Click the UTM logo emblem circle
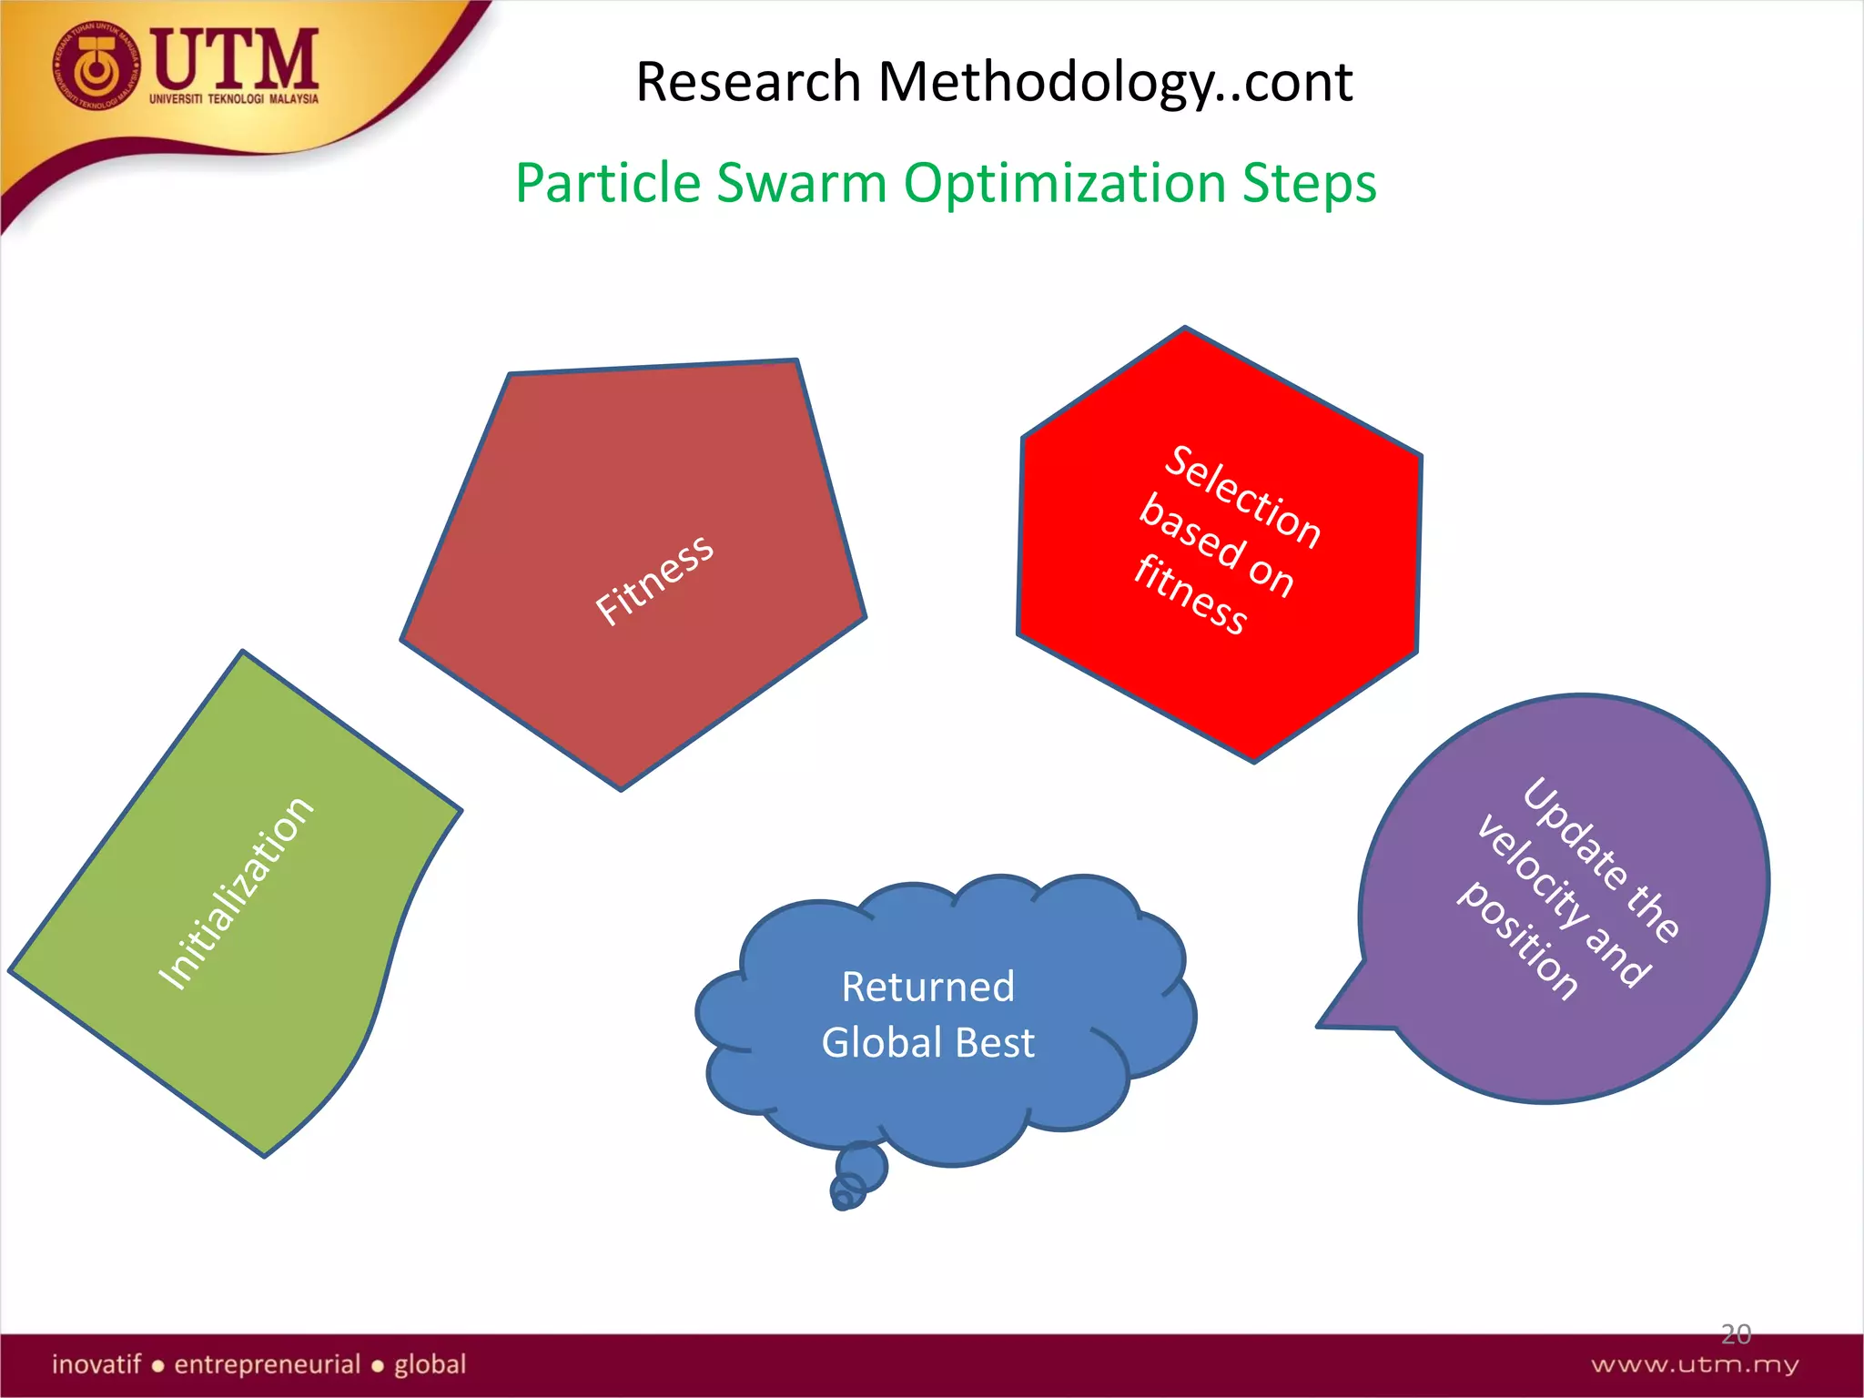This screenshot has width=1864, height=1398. pos(96,66)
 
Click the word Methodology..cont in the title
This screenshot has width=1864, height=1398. pos(1115,82)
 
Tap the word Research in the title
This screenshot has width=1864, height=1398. pos(748,82)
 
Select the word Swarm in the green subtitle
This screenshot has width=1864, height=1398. pos(801,183)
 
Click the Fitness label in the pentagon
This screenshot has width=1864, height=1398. pos(653,580)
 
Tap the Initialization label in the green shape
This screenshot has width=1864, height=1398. pos(236,893)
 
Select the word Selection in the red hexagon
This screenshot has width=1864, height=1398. pos(1243,497)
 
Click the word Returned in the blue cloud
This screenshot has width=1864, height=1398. pos(927,987)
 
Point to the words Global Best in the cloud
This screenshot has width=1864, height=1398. pos(927,1043)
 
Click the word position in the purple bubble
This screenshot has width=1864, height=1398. pos(1518,939)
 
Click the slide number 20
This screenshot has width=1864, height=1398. pos(1736,1334)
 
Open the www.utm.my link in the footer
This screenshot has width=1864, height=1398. pos(1694,1364)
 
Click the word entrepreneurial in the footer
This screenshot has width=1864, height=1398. pos(268,1364)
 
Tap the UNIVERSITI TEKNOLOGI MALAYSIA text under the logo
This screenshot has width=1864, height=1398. pos(234,99)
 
